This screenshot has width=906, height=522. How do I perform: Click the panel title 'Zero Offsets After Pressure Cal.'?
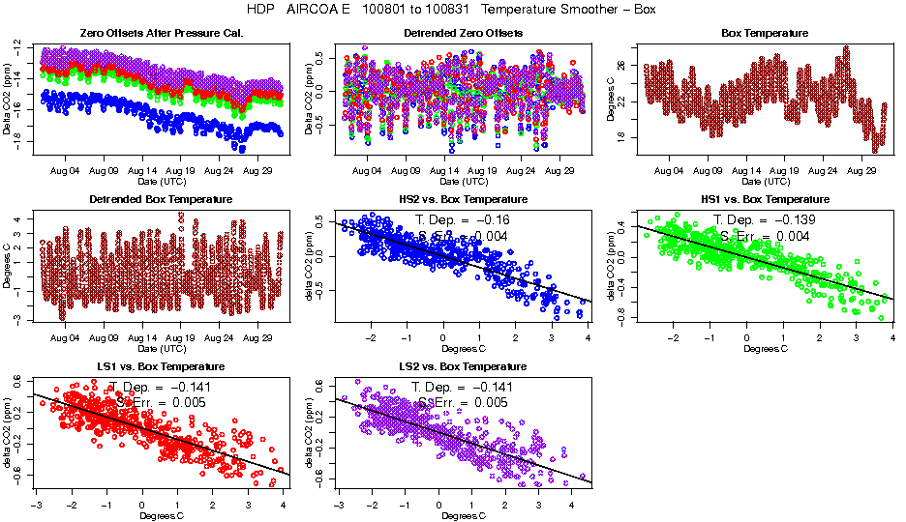click(x=161, y=34)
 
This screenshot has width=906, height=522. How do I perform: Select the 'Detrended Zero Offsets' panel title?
click(x=463, y=34)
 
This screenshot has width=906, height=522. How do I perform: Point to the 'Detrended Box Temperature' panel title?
click(x=161, y=199)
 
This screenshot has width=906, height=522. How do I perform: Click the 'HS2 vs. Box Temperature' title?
click(x=463, y=199)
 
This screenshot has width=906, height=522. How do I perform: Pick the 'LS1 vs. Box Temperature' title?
click(x=161, y=366)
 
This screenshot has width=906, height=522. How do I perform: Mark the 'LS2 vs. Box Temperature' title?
click(x=463, y=366)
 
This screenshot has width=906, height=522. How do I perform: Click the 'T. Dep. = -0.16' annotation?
click(x=462, y=220)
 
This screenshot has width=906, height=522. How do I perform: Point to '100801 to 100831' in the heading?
click(x=417, y=9)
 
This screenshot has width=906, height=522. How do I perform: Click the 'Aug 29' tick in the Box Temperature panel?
click(x=861, y=170)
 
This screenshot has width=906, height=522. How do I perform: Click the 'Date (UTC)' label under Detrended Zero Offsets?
click(x=463, y=181)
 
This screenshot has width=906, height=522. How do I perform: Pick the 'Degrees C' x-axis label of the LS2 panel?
click(x=463, y=514)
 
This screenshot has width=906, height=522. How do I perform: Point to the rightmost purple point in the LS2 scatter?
click(x=584, y=476)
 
